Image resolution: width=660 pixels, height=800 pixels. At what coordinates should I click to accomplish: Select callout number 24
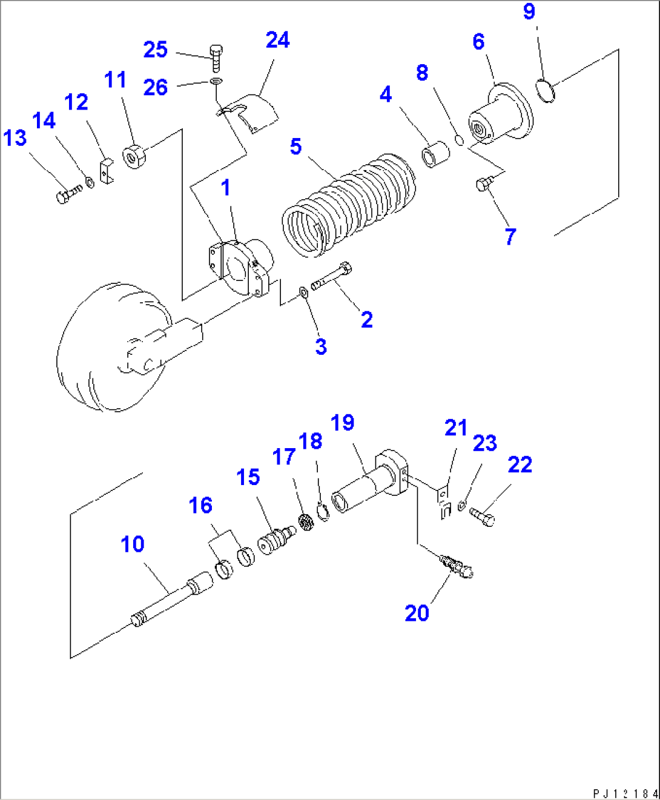277,40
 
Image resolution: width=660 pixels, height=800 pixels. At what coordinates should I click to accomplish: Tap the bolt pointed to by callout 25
216,58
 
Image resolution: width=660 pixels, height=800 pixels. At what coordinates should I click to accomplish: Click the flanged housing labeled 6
500,118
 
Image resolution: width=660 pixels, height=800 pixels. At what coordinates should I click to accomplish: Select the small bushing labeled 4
435,154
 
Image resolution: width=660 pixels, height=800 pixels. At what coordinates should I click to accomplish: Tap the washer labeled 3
303,293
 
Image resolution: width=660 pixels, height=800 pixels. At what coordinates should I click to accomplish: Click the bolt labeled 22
483,517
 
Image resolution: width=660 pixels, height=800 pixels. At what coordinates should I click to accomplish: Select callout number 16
200,506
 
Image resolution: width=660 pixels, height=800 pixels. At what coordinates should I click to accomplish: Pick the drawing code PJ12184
624,793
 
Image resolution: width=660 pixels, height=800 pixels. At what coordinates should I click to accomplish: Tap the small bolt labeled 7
483,183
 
